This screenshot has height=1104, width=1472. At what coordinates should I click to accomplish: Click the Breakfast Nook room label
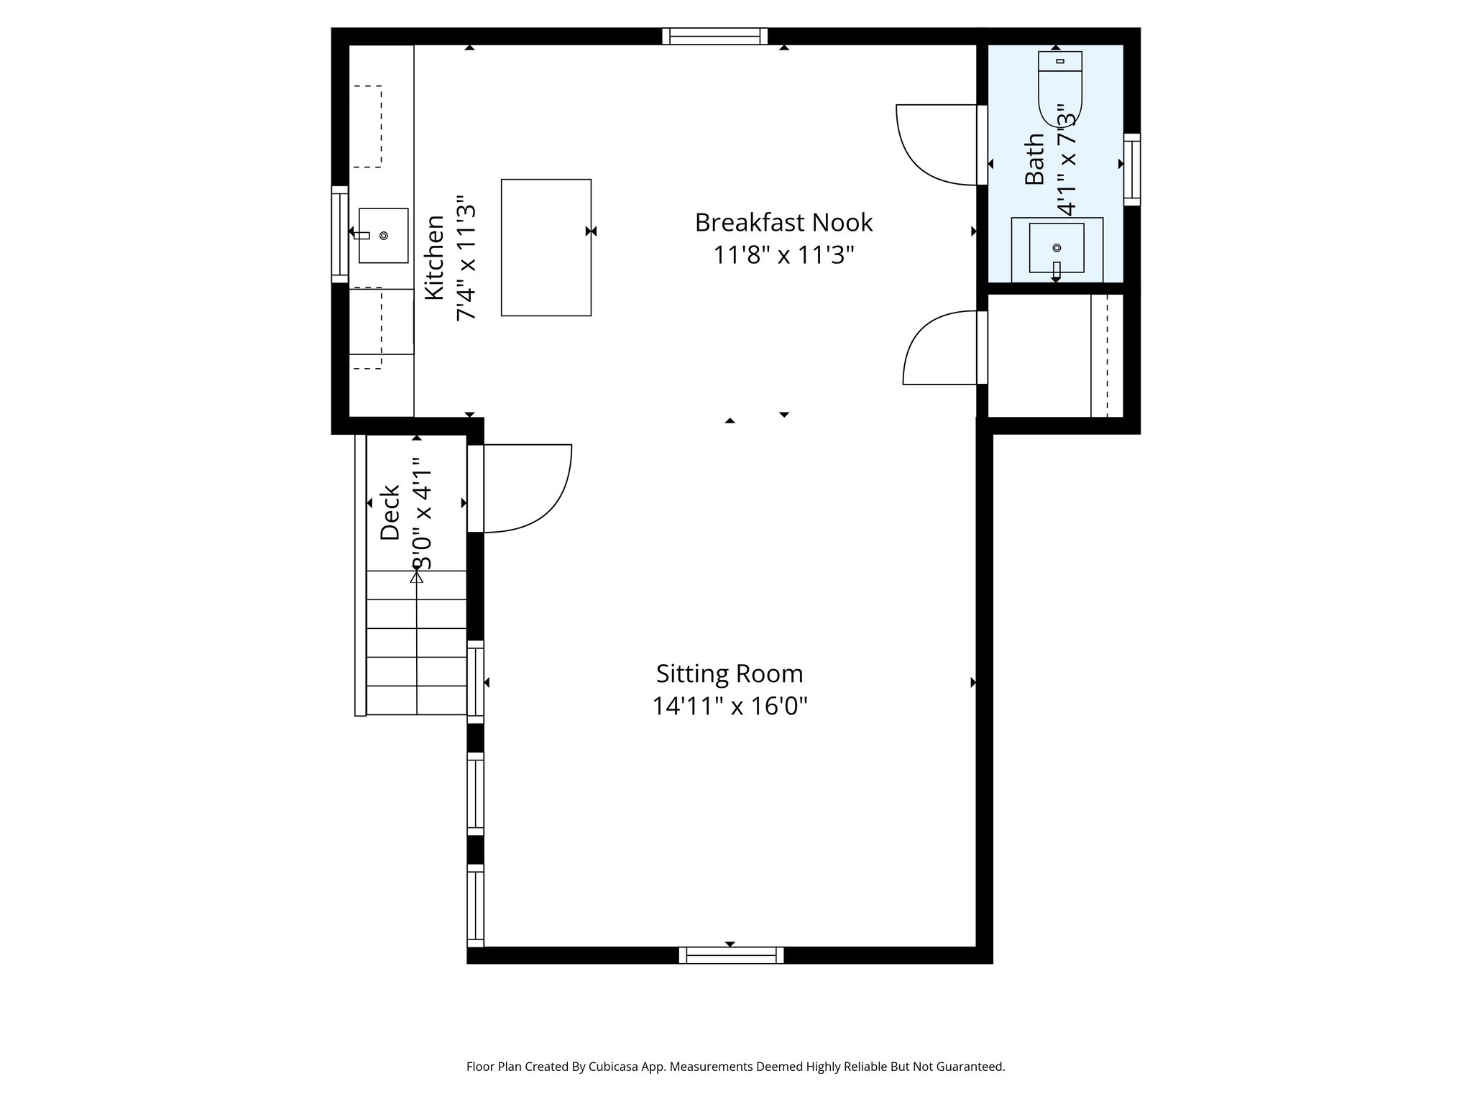pos(783,223)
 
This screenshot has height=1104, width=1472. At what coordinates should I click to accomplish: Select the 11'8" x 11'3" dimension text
pos(783,255)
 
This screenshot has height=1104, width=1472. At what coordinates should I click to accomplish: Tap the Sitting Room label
pos(730,674)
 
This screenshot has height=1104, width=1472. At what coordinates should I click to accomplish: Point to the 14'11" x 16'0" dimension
pos(730,707)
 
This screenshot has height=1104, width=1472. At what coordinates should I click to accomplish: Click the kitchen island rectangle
pos(546,247)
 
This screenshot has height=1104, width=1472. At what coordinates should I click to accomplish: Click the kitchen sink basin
pos(383,236)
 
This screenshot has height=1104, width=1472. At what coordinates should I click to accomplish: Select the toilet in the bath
pos(1060,86)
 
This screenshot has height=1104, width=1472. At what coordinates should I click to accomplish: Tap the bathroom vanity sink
pos(1057,248)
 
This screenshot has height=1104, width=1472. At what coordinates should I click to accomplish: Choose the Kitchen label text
pos(434,257)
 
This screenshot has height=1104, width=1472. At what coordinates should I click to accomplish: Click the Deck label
pos(390,512)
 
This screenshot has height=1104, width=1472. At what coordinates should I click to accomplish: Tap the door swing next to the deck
pos(532,489)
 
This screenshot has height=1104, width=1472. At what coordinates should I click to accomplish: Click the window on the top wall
pos(714,36)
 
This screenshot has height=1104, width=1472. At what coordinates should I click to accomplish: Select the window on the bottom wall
pos(731,955)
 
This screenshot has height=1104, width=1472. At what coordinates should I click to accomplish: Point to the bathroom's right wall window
pos(1132,169)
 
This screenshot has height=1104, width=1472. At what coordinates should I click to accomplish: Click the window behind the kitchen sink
pos(339,234)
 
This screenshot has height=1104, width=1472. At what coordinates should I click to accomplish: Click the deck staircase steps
pos(417,643)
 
